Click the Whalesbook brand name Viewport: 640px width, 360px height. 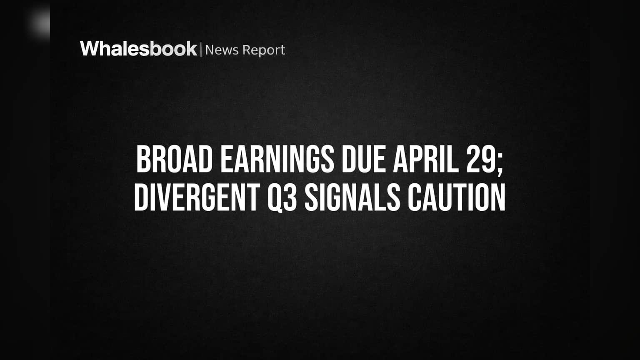(139, 49)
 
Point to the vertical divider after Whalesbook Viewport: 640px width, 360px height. (201, 50)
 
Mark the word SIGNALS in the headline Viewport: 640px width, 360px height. (352, 197)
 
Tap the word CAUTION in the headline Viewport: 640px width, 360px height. (457, 197)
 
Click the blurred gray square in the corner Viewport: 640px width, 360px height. (40, 22)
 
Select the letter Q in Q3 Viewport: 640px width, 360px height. (275, 198)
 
